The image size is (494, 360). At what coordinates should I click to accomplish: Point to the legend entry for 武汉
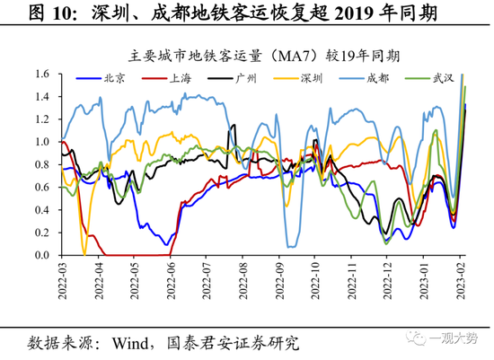tap(444, 79)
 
